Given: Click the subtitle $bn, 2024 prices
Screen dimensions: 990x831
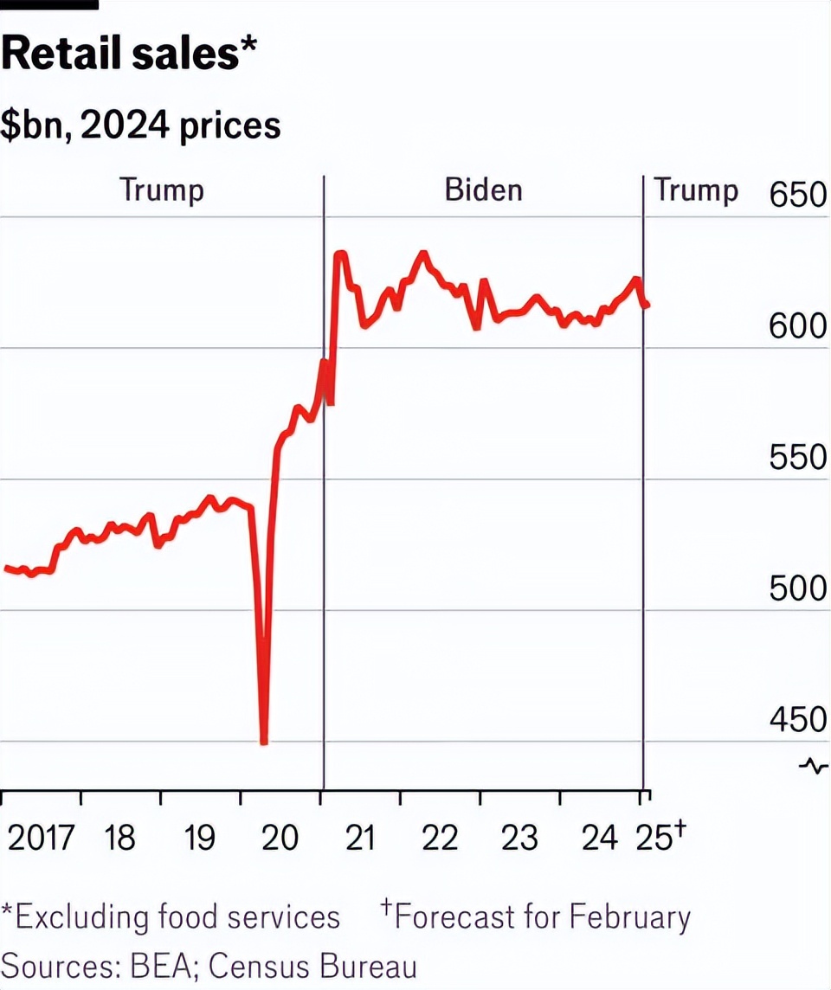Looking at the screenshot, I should [141, 126].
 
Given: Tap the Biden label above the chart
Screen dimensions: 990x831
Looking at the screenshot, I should [483, 190].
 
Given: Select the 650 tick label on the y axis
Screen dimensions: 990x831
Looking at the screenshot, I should [797, 196].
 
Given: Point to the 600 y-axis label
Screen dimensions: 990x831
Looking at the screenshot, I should [797, 327].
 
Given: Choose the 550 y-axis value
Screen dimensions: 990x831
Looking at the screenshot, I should [797, 458].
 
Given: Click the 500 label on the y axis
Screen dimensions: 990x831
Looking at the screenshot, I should [797, 589].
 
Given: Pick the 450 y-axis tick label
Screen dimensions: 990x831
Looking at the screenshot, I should [797, 720].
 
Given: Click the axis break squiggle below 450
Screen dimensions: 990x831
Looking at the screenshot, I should [814, 765].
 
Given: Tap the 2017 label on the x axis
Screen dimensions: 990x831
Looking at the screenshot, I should [41, 838].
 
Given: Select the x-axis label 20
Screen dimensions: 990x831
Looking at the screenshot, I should [280, 838].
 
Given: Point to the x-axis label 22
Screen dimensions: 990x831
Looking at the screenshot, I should [439, 838].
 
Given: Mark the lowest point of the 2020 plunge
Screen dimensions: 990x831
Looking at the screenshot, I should [264, 742].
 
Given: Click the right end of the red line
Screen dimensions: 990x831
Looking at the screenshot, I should [647, 305].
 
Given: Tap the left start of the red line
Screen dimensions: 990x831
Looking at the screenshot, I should [7, 569].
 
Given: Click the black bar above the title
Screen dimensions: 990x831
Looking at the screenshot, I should [48, 4].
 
